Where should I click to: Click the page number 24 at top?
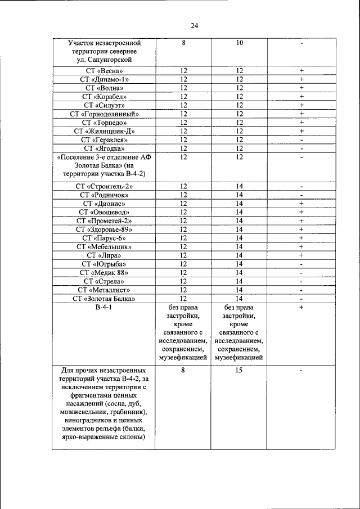pyautogui.click(x=194, y=25)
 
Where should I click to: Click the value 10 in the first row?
pyautogui.click(x=239, y=43)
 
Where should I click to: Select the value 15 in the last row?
pyautogui.click(x=239, y=371)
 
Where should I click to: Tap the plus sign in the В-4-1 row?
pyautogui.click(x=301, y=308)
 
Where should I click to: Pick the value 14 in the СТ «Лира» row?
pyautogui.click(x=239, y=255)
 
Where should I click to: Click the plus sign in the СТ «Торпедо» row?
pyautogui.click(x=301, y=123)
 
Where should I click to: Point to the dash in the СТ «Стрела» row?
pyautogui.click(x=301, y=281)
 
